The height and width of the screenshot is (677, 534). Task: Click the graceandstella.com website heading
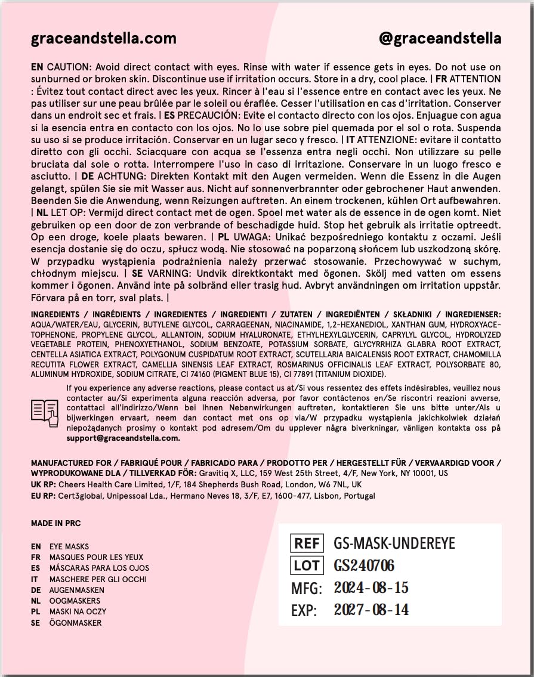point(103,39)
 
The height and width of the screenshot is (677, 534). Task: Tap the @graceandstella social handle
point(440,39)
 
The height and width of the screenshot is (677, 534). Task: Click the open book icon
point(45,413)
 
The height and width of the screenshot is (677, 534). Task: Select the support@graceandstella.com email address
point(123,438)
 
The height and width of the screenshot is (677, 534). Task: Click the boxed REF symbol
point(307,543)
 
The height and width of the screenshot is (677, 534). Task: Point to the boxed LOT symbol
point(307,565)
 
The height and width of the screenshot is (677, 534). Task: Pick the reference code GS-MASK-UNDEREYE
point(394,543)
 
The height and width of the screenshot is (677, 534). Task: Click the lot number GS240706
point(364,565)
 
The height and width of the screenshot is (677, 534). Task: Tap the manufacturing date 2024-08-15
point(371,588)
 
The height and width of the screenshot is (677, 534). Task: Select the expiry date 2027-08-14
point(371,610)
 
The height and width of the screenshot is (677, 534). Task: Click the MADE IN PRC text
point(55,524)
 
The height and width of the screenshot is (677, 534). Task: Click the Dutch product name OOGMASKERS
point(75,601)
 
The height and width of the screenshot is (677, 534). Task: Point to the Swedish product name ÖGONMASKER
point(75,623)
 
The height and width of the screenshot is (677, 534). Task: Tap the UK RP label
point(43,485)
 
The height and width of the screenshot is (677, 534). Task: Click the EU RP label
point(43,496)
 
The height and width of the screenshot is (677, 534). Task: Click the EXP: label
point(304,610)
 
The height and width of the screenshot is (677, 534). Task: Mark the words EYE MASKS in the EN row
point(69,546)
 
